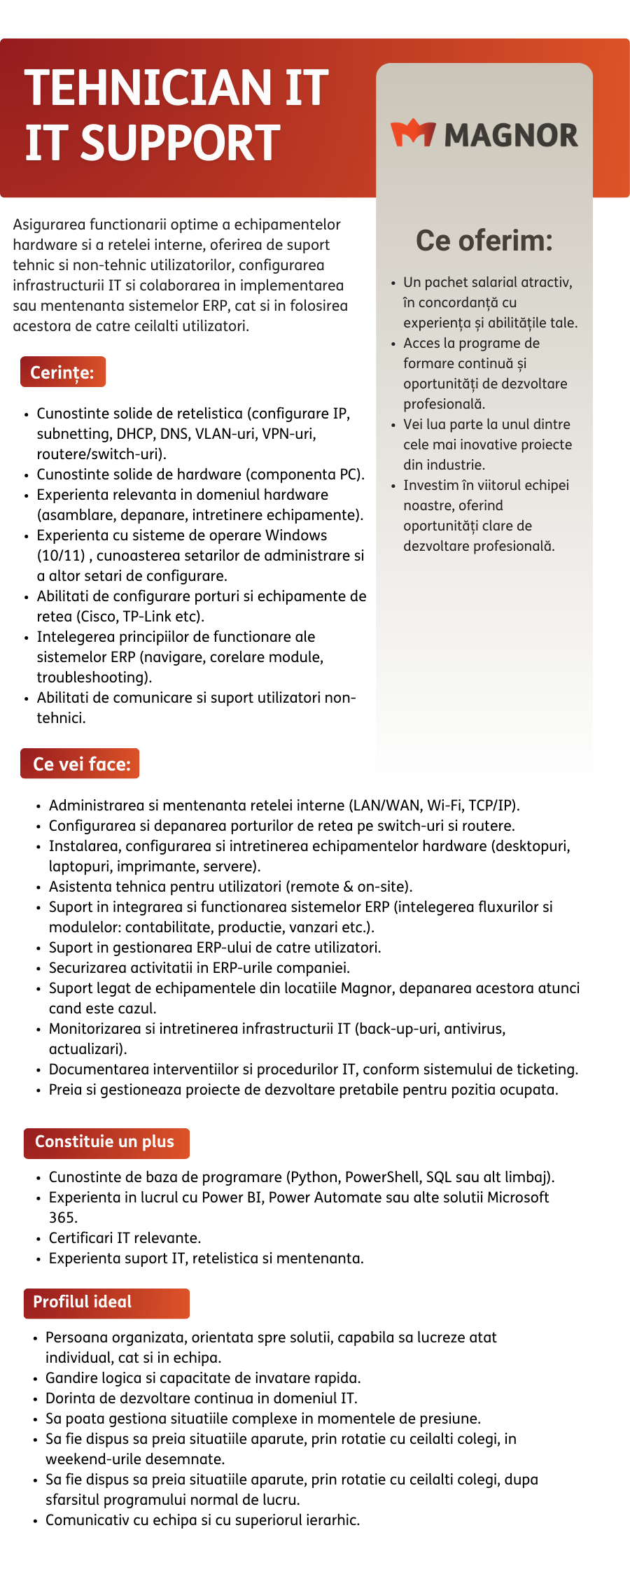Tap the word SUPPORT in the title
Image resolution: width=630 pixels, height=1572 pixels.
(181, 143)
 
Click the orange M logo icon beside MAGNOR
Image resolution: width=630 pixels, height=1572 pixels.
(413, 134)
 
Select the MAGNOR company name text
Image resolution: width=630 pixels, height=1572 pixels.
(511, 136)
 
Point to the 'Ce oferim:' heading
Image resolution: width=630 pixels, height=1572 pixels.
(484, 241)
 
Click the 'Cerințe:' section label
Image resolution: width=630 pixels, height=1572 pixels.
(62, 372)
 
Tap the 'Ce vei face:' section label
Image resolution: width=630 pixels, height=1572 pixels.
(81, 764)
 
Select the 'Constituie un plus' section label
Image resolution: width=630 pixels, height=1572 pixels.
(105, 1142)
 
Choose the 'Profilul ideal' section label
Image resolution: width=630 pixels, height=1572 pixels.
(83, 1302)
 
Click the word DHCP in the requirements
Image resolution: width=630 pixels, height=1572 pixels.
(135, 434)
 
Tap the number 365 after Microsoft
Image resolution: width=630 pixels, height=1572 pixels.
(62, 1218)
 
